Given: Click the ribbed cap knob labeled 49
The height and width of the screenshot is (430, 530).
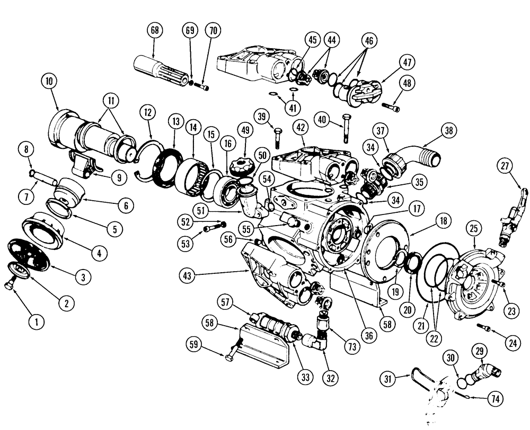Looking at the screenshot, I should [244, 163].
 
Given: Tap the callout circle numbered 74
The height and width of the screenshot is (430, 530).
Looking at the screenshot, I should [497, 397].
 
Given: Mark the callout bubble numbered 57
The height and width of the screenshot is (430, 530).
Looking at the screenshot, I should [225, 302].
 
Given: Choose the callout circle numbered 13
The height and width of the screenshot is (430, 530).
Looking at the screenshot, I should [175, 121].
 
